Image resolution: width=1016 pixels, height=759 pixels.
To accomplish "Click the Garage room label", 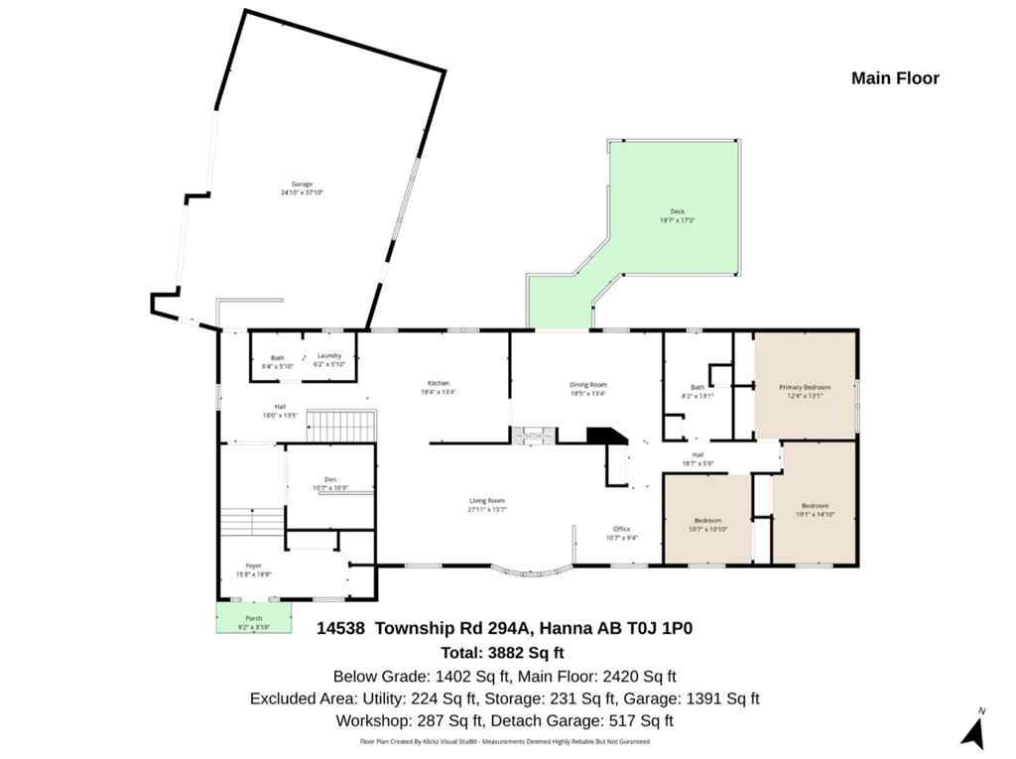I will (303, 185).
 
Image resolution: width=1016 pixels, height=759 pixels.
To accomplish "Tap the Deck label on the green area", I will (678, 211).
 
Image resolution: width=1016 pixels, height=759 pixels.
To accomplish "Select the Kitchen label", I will (439, 383).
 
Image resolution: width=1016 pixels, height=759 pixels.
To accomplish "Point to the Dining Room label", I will (587, 385).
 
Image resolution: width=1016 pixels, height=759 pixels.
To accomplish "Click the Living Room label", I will (487, 501).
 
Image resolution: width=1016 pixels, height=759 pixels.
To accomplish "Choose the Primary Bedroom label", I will (804, 387).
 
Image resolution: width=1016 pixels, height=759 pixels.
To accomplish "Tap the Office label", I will (621, 530).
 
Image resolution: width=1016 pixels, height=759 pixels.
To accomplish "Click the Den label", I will (330, 479).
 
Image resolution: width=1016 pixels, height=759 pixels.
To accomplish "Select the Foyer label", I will (254, 566).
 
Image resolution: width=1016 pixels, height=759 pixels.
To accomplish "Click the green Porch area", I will (254, 619).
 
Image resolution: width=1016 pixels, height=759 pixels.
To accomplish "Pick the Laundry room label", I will (329, 356).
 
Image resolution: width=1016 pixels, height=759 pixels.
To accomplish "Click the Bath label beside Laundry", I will (278, 357).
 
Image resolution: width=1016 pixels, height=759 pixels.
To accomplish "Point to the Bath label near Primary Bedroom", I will (698, 388).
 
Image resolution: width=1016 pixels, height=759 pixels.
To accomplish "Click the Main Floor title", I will (895, 78).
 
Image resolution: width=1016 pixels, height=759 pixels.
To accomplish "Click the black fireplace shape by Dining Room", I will (603, 438).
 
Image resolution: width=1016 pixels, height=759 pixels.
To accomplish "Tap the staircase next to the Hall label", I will (339, 427).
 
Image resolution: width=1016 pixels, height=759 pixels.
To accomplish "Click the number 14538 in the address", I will (341, 628).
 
